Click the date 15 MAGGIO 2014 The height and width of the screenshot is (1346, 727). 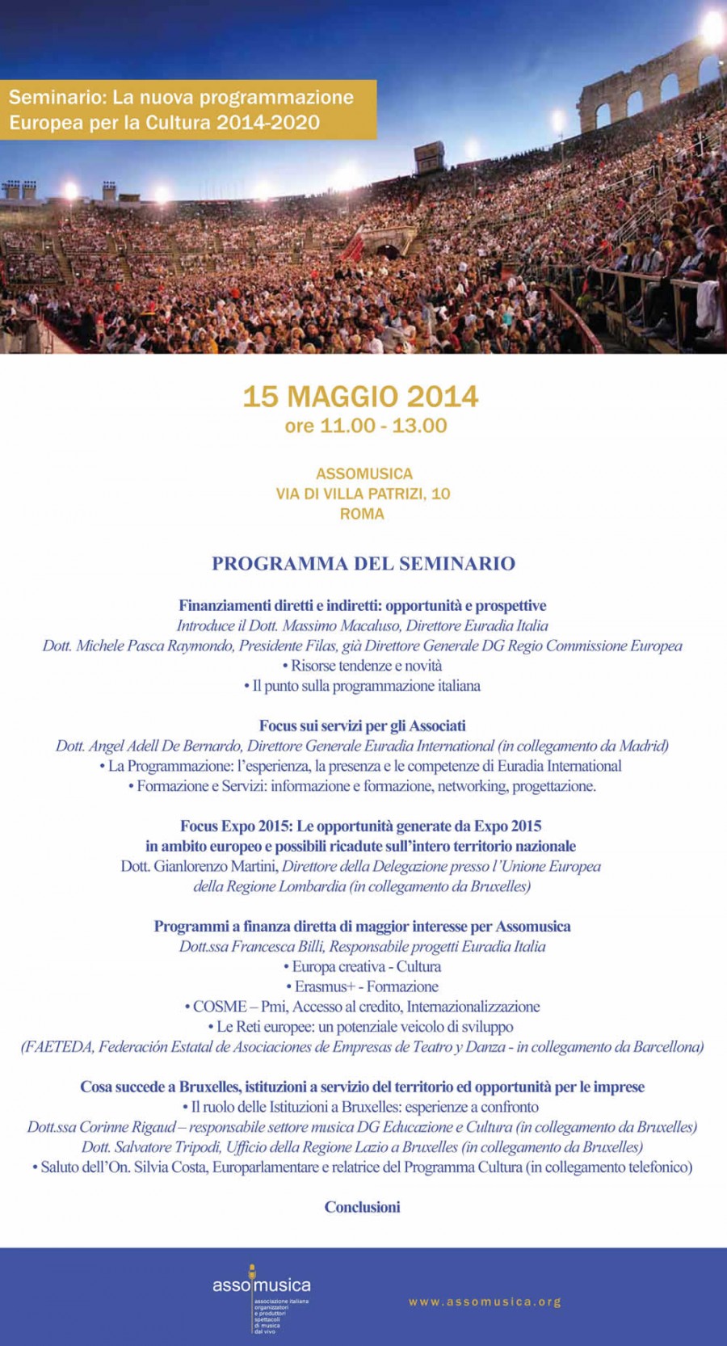click(x=361, y=397)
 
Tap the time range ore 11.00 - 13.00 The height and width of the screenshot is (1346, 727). click(x=365, y=426)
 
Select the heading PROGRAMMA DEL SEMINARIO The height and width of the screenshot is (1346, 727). click(x=363, y=563)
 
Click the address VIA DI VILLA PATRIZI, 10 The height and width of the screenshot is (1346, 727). click(x=363, y=494)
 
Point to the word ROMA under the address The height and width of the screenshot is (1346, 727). click(x=362, y=514)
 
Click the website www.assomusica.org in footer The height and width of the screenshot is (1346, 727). click(x=485, y=1302)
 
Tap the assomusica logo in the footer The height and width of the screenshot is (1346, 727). click(x=261, y=1285)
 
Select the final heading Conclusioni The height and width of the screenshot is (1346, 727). click(x=362, y=1207)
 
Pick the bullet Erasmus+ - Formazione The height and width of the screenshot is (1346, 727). click(x=366, y=986)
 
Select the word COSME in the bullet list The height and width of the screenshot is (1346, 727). click(x=220, y=1007)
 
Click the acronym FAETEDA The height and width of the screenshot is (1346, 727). click(x=57, y=1047)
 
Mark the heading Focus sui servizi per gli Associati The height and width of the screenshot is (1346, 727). click(x=362, y=726)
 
